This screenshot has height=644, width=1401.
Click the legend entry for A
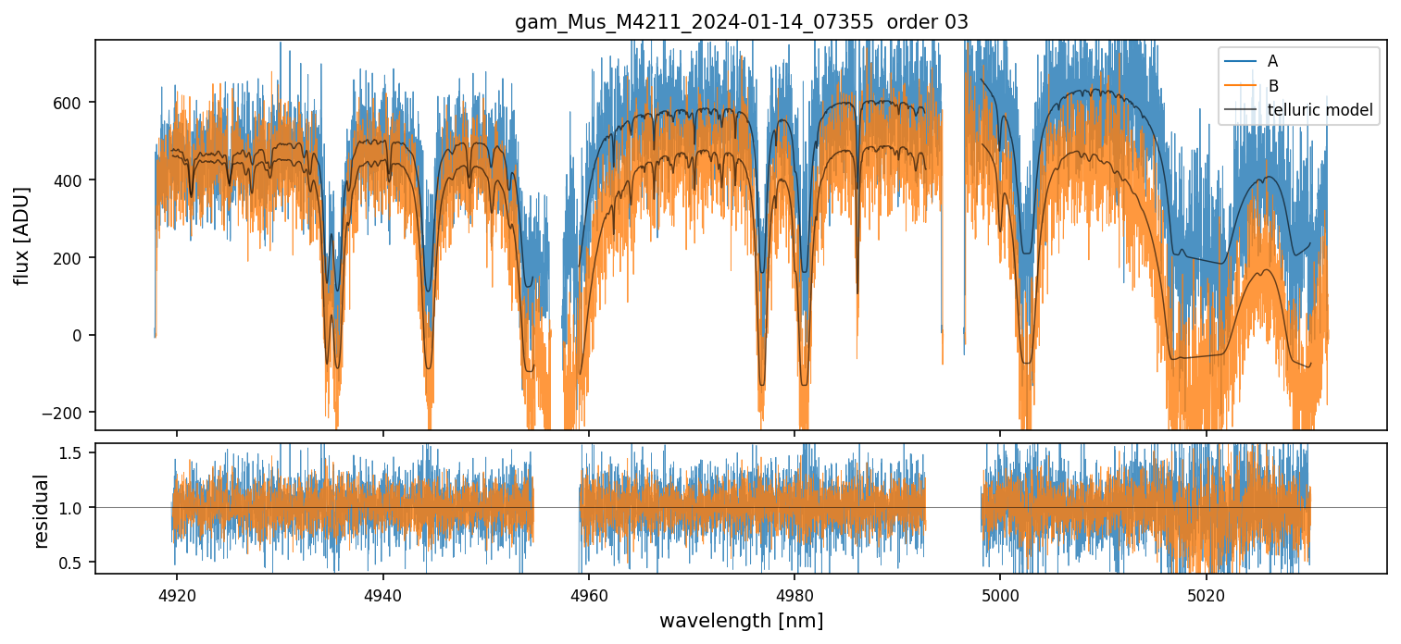tap(1272, 61)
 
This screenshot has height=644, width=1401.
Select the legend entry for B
tap(1272, 86)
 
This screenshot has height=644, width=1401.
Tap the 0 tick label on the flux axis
tap(80, 335)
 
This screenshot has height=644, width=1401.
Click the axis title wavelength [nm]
tap(741, 620)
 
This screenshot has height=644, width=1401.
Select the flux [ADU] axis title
tap(22, 235)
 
